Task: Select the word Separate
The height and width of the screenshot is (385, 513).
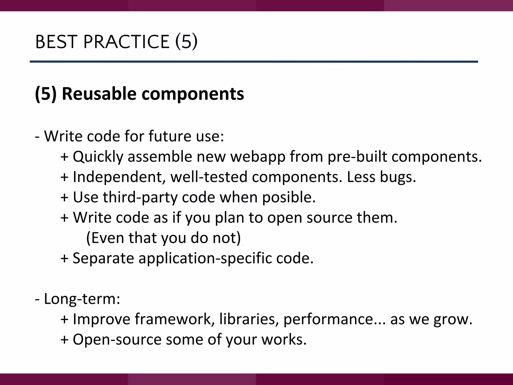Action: click(x=103, y=258)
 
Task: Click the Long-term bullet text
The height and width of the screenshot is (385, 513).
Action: click(x=82, y=299)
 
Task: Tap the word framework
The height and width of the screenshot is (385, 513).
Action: click(x=174, y=319)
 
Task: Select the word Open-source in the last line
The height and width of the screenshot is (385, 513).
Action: click(x=117, y=340)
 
